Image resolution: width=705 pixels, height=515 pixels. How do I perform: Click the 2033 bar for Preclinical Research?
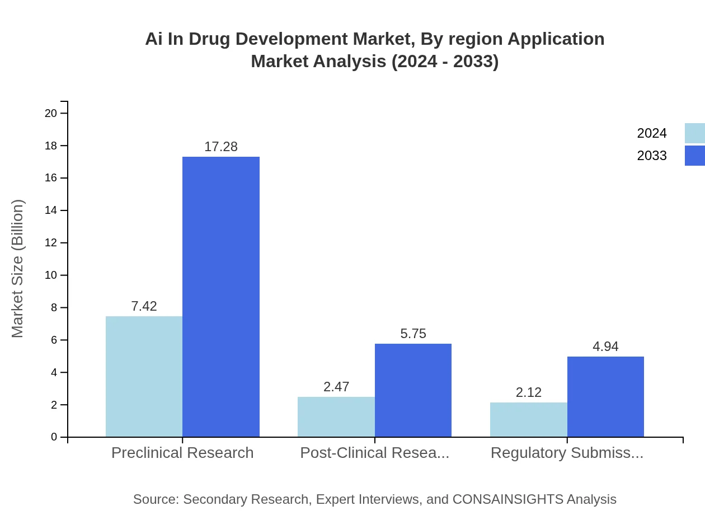[x=221, y=297]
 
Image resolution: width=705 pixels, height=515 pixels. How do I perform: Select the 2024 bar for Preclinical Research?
[x=144, y=376]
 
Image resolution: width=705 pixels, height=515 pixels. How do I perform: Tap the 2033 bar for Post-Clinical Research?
[x=413, y=390]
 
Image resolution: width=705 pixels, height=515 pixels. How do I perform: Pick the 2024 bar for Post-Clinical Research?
[x=336, y=416]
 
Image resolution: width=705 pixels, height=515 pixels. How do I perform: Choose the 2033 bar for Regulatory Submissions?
[x=605, y=396]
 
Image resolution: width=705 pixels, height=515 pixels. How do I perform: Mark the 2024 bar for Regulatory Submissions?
[x=528, y=419]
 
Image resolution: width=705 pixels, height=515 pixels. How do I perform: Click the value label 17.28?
[x=221, y=147]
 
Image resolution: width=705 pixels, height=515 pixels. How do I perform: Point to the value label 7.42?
[x=144, y=306]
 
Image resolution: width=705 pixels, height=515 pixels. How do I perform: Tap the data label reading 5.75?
[x=413, y=334]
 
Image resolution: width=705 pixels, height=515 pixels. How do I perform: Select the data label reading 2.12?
[x=528, y=392]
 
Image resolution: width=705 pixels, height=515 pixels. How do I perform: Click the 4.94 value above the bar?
[x=605, y=347]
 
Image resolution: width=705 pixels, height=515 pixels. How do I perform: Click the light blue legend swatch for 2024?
[x=694, y=133]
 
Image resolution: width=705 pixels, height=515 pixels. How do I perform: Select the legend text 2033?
[x=652, y=156]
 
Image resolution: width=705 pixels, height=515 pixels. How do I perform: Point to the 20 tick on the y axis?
[x=51, y=113]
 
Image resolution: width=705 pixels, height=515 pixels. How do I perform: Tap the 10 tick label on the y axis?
[x=51, y=275]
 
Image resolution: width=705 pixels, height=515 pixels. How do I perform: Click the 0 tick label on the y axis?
[x=54, y=437]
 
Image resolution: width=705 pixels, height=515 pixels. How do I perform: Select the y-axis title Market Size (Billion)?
[x=17, y=269]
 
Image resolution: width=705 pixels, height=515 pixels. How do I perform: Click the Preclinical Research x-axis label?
[x=182, y=452]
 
